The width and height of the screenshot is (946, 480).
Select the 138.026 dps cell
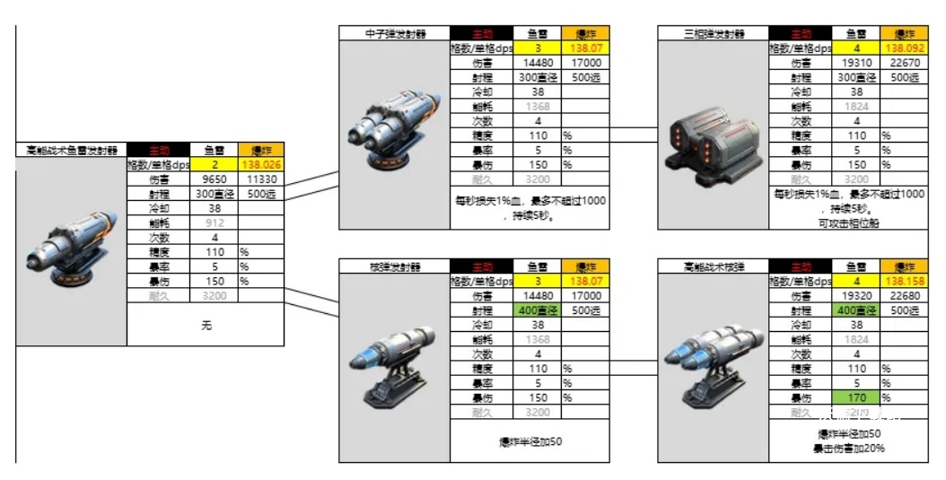point(261,165)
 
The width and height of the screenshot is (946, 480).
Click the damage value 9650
point(215,179)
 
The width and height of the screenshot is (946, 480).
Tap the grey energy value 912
point(215,223)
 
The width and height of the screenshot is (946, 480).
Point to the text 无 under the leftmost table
point(206,326)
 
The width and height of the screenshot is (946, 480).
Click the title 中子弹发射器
point(394,34)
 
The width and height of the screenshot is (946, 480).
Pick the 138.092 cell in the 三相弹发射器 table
point(905,48)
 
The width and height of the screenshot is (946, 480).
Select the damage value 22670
point(905,63)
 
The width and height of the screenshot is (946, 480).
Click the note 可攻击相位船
point(848,223)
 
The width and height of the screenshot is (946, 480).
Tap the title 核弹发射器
point(394,267)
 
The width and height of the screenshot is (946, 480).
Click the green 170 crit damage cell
point(857,397)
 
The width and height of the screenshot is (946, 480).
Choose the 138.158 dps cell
point(905,282)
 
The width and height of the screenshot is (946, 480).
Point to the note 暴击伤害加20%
point(848,448)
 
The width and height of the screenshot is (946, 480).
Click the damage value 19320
point(857,296)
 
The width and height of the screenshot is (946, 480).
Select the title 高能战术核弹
point(713,267)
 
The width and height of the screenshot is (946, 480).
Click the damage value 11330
point(261,179)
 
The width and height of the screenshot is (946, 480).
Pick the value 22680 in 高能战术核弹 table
point(905,296)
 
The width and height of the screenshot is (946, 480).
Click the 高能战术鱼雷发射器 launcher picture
point(71,251)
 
